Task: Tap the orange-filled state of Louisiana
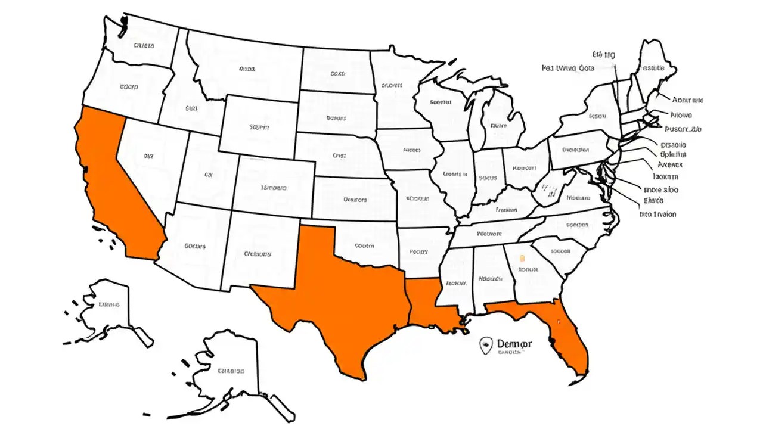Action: click(432, 304)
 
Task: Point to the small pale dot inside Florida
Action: click(559, 322)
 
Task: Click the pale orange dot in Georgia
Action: click(522, 259)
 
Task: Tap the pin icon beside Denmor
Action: click(486, 344)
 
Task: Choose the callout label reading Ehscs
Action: click(653, 200)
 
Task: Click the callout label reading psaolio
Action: click(674, 145)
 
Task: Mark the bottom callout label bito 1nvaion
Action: click(657, 214)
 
